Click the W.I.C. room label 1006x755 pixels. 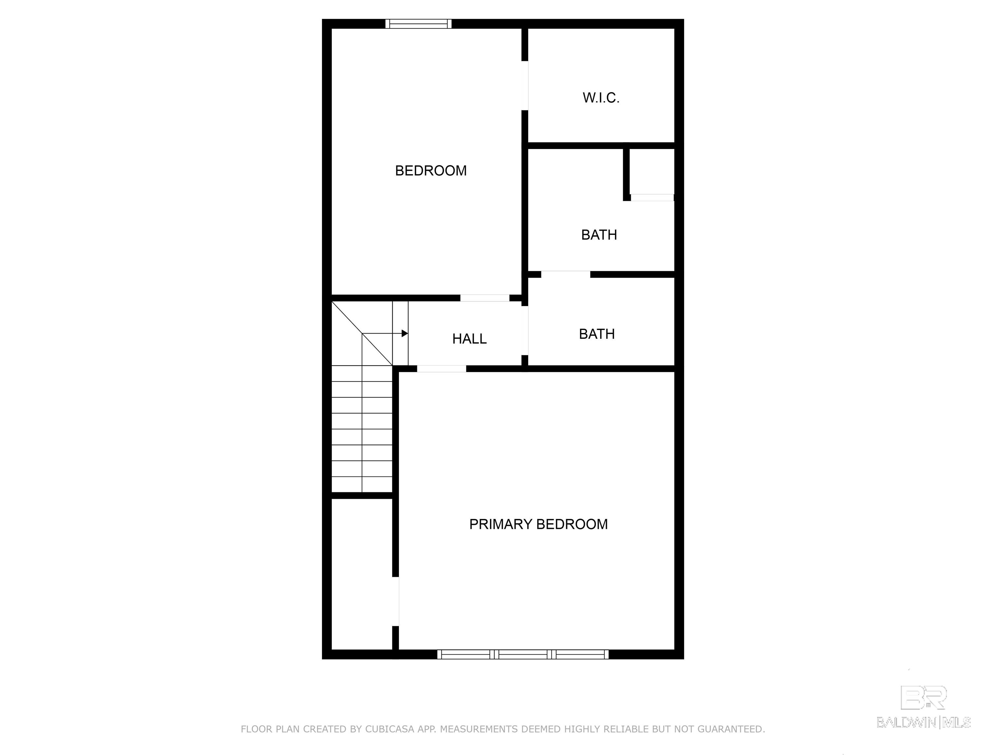601,98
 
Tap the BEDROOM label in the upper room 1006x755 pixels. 431,171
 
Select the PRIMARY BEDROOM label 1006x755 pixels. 538,524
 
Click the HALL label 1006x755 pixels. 469,339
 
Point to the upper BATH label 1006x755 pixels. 599,235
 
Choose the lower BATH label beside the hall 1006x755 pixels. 597,334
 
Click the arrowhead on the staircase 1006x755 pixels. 405,334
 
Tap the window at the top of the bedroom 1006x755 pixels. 419,24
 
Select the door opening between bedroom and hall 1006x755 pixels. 485,298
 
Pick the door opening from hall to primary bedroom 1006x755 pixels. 442,369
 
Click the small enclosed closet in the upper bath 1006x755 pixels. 652,172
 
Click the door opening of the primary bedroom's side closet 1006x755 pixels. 396,602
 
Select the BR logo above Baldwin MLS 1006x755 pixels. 924,698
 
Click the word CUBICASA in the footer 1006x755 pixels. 390,729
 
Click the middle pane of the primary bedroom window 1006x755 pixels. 523,654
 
